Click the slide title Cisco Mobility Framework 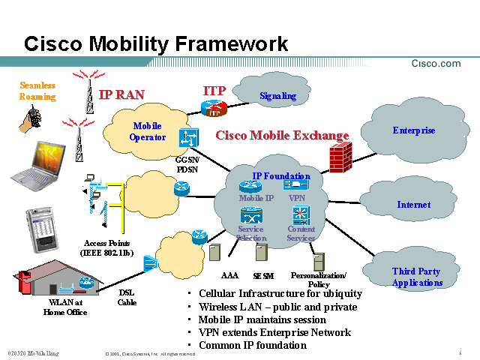pos(156,43)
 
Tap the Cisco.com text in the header pos(436,64)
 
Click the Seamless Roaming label pos(37,91)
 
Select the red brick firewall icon pos(340,157)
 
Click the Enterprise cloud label pos(413,130)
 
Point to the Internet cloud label pos(413,205)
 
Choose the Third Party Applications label pos(416,277)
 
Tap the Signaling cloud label pos(277,96)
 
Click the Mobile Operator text pos(147,131)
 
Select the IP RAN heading pos(121,95)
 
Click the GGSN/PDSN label pos(187,164)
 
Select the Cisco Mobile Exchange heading pos(282,136)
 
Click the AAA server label pos(229,275)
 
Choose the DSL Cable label pos(127,298)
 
